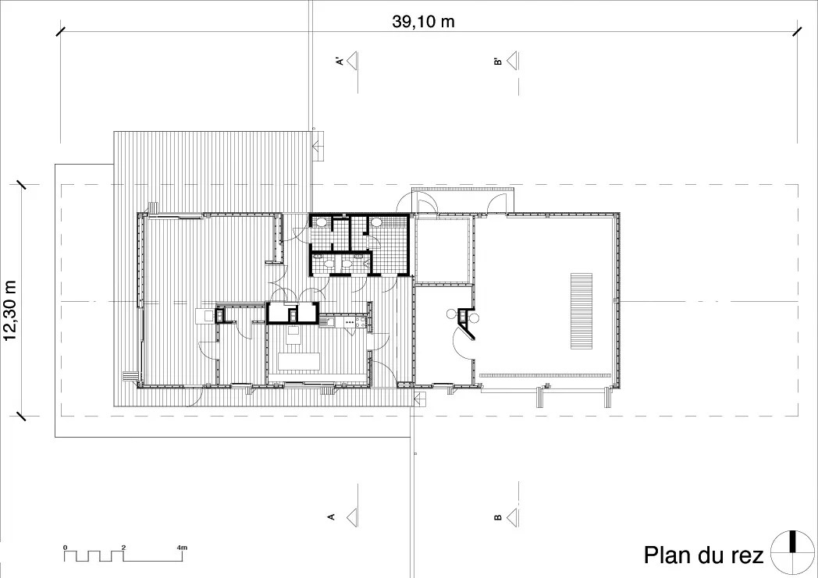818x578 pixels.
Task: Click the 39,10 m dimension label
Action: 423,21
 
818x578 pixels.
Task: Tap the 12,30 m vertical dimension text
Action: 10,310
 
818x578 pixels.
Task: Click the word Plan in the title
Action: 667,555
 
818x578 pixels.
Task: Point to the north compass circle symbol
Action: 792,552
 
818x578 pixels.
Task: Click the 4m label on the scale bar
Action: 182,548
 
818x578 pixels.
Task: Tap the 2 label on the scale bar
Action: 123,548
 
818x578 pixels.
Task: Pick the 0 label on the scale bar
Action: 66,548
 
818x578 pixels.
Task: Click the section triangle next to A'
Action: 352,61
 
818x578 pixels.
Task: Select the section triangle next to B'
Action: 512,61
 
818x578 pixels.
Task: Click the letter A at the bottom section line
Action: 331,517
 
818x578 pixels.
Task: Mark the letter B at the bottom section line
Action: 498,517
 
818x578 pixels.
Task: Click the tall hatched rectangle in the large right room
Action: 581,311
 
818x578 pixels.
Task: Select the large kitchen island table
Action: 299,361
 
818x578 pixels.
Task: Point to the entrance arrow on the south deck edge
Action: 420,399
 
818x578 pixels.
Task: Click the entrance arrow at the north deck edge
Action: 317,147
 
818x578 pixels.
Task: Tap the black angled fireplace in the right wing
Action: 467,323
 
